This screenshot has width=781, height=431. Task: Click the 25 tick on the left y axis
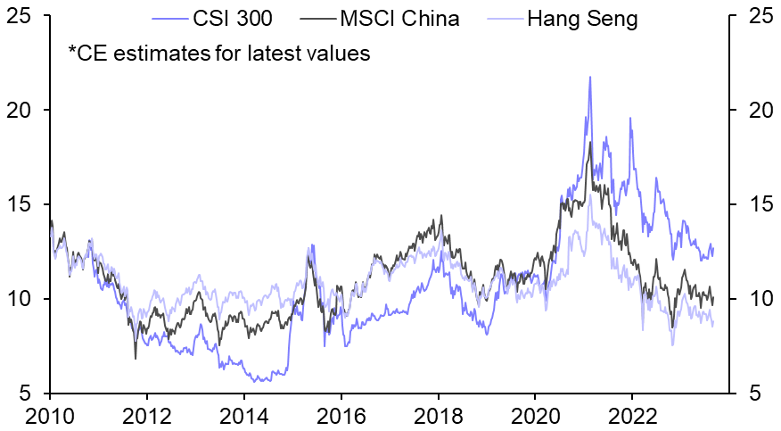pos(20,16)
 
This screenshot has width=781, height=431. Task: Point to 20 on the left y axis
pos(20,111)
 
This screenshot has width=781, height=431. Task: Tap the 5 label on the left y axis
pos(27,394)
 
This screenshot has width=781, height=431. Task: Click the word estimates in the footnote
pos(167,54)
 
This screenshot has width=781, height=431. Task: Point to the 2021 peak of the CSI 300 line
pos(590,77)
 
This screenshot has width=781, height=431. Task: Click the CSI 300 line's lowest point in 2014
pos(259,381)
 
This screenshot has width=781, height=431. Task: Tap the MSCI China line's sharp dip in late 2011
pos(136,359)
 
